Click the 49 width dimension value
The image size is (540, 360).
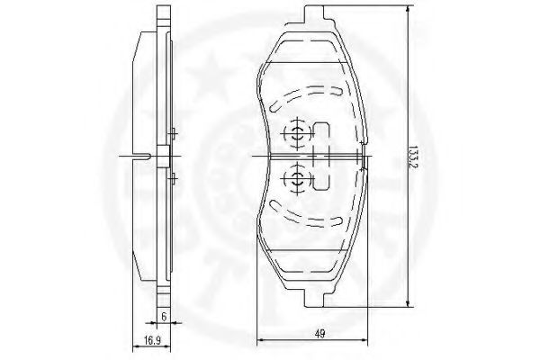point(319,334)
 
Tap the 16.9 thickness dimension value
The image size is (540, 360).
point(153,341)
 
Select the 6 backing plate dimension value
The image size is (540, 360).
point(164,317)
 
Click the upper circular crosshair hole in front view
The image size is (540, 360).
point(297,133)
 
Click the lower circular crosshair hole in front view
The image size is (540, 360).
point(297,178)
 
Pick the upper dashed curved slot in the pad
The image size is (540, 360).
point(305,97)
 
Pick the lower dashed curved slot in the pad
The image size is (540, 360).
point(305,214)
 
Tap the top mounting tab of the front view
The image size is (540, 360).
point(314,14)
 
